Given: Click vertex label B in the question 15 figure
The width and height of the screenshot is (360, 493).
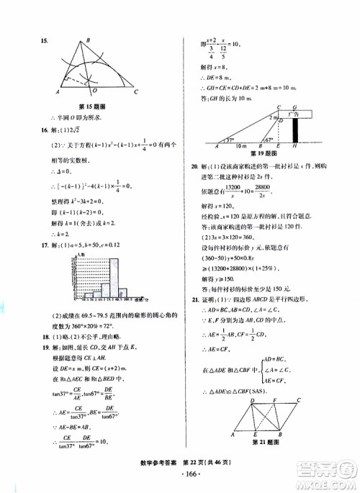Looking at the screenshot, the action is click(x=86, y=40).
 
